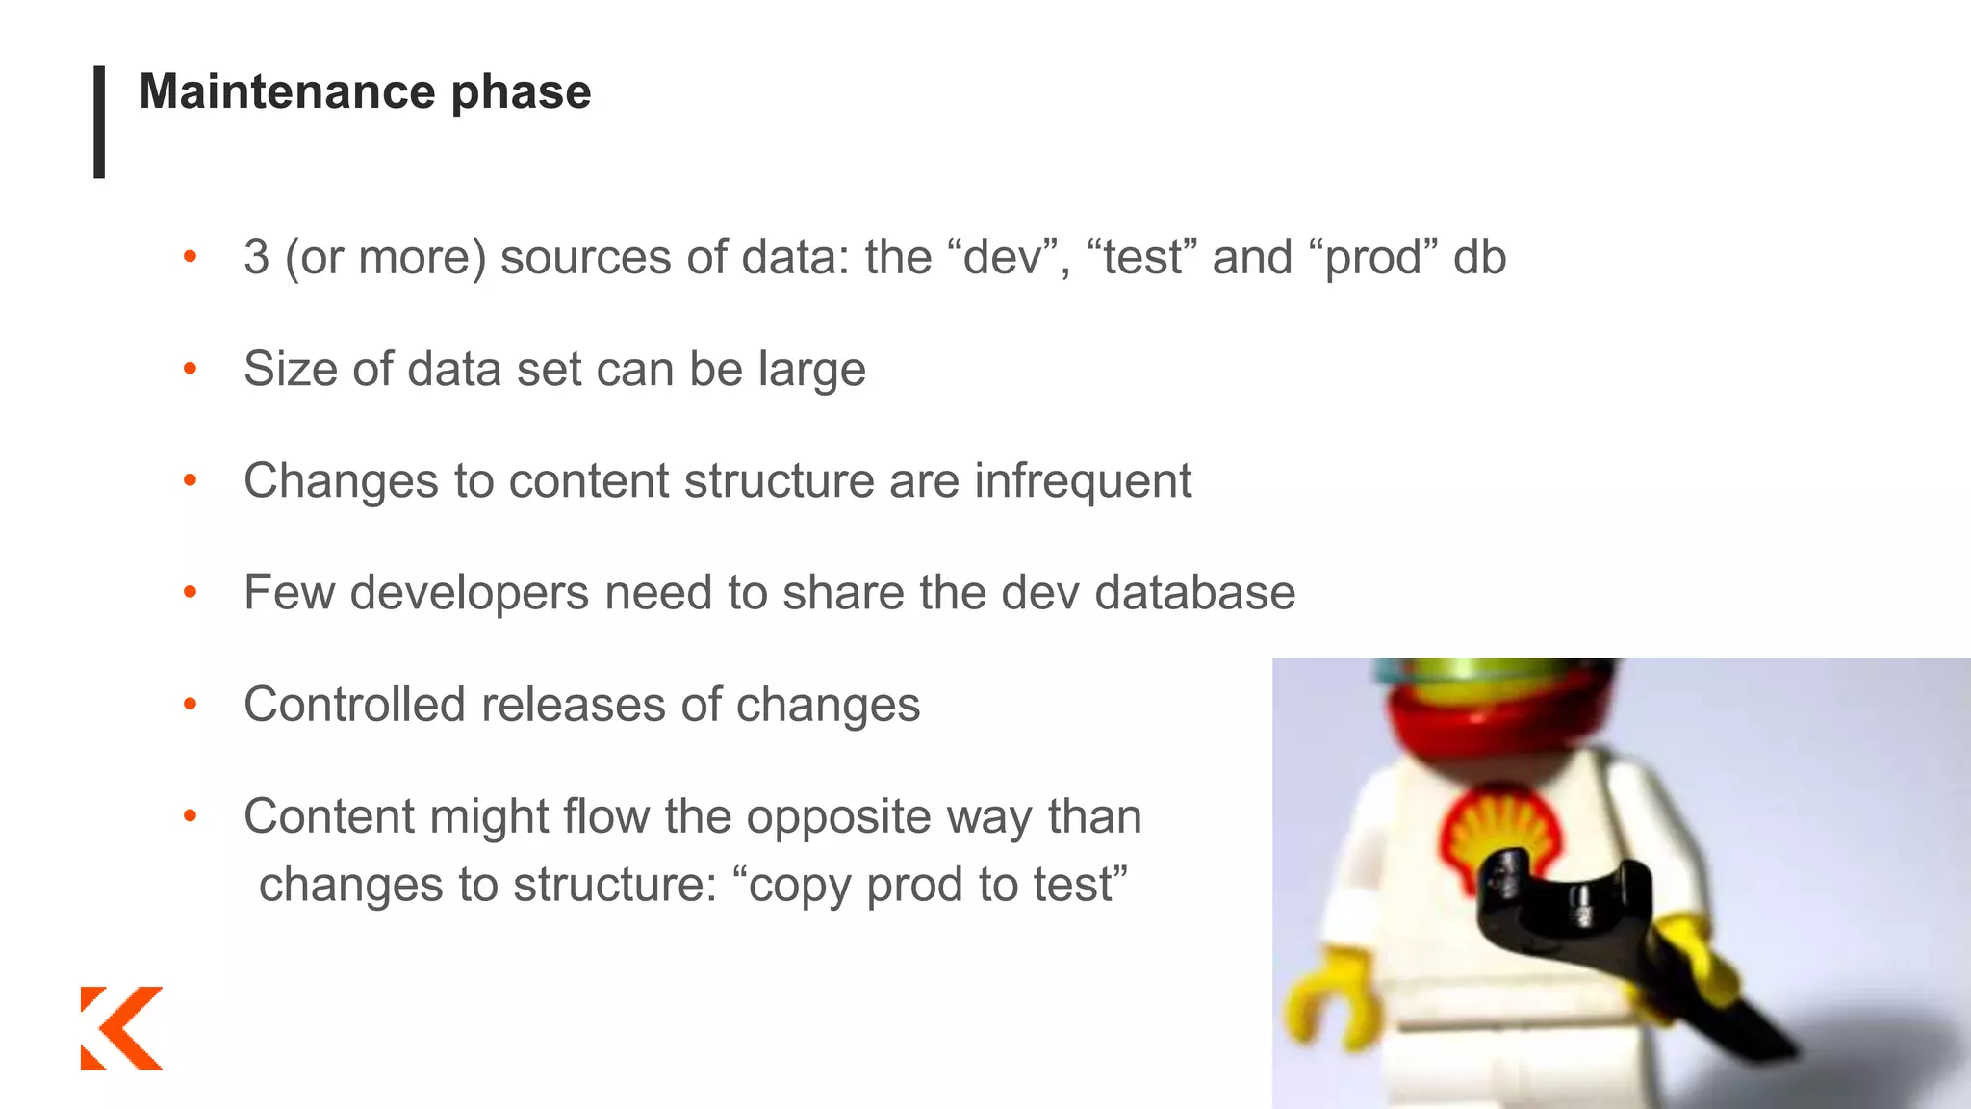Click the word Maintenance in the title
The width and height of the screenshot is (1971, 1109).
click(287, 92)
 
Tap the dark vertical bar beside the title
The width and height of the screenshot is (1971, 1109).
click(99, 121)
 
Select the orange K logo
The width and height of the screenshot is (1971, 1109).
click(121, 1027)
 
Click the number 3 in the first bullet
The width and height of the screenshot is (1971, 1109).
click(256, 257)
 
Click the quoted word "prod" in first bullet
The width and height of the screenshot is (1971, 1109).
click(1373, 258)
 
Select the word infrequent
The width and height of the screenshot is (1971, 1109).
click(1083, 481)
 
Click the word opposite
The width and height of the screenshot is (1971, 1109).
click(838, 818)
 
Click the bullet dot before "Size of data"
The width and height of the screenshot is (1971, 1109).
click(191, 369)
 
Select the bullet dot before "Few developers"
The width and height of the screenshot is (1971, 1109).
click(191, 592)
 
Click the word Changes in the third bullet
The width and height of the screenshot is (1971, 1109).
click(341, 481)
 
